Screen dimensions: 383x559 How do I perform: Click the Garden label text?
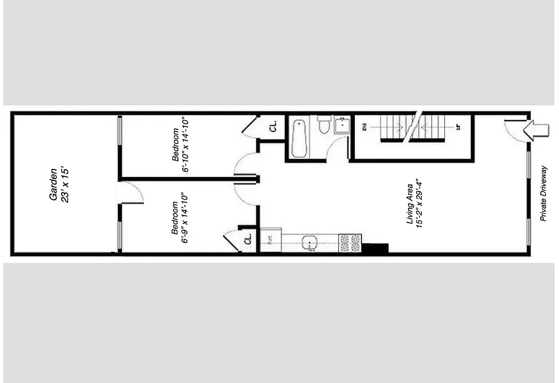click(54, 184)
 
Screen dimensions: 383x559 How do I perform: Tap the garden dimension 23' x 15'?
click(66, 184)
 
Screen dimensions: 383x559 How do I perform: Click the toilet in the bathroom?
click(324, 125)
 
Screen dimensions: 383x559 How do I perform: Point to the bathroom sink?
click(342, 125)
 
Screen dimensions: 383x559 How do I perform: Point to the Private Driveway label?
click(543, 193)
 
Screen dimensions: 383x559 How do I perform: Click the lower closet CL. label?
click(248, 239)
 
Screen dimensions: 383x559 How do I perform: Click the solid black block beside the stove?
click(375, 248)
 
